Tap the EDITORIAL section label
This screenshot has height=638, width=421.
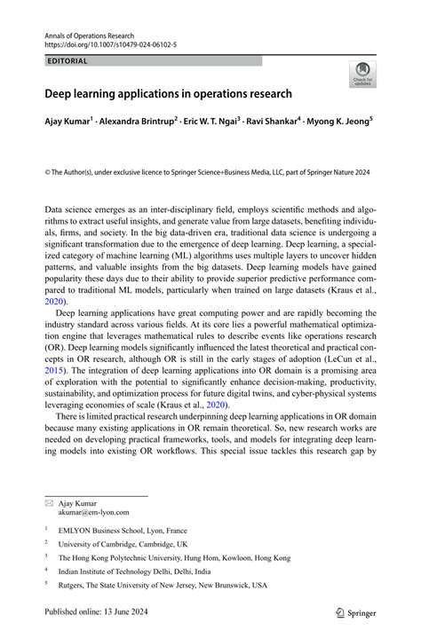point(67,61)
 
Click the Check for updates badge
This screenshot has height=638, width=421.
point(361,75)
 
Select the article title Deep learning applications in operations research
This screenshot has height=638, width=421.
point(168,93)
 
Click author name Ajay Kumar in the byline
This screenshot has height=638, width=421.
point(69,118)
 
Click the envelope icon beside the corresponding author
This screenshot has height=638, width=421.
point(49,501)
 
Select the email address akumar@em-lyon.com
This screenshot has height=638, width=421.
point(94,512)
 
